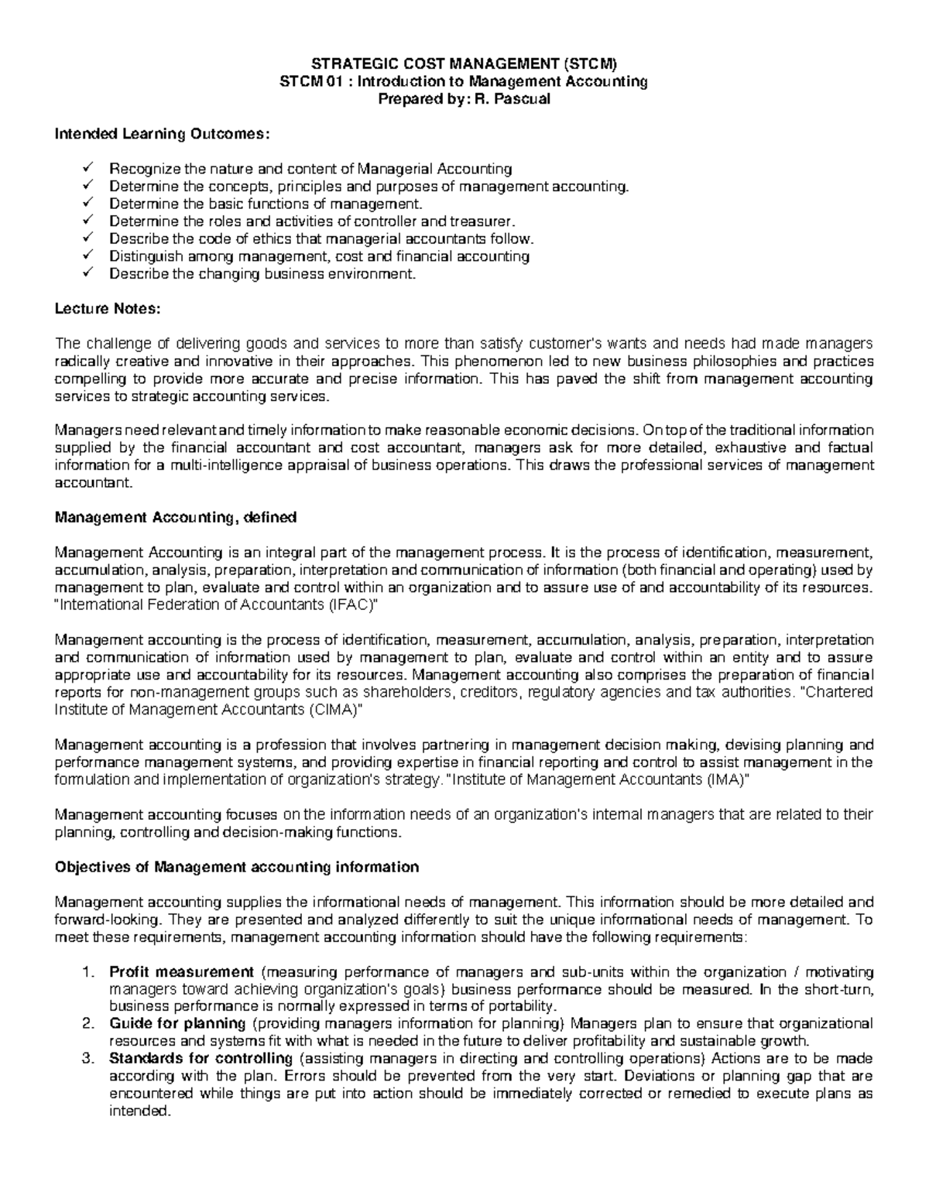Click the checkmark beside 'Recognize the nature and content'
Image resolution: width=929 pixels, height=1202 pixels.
[x=87, y=168]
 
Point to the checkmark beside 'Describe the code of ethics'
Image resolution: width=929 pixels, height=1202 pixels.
[x=87, y=238]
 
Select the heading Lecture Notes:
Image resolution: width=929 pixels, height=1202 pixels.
[x=107, y=309]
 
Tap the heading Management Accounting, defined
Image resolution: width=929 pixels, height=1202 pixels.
[x=175, y=517]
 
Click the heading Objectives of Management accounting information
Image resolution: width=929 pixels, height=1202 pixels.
[x=236, y=867]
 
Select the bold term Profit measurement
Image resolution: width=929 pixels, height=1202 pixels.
[x=182, y=972]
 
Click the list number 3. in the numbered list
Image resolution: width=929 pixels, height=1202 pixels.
[x=87, y=1059]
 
